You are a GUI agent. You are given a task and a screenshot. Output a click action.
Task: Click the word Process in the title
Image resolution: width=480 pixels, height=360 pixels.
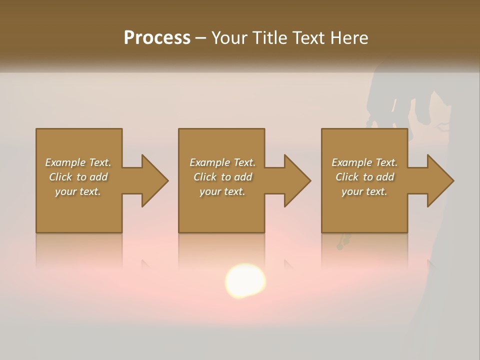point(157,38)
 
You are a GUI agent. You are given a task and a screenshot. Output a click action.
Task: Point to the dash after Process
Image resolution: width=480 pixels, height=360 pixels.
point(200,38)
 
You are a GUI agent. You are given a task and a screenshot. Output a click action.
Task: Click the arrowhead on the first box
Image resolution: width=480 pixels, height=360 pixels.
point(153,180)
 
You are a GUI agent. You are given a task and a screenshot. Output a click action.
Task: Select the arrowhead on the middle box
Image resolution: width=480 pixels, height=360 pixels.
point(295,180)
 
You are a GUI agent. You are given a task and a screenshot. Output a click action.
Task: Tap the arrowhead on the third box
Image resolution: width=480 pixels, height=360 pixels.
point(438,180)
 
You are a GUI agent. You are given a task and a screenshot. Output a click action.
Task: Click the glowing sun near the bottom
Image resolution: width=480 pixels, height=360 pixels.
point(245,281)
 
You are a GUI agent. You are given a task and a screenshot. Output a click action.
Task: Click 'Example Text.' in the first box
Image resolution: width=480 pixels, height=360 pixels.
point(78,162)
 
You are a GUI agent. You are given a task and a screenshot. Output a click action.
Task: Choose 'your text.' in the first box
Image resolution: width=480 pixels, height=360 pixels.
point(78,191)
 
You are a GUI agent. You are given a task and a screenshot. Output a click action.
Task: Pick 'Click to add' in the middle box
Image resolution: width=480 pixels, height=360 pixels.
point(222,177)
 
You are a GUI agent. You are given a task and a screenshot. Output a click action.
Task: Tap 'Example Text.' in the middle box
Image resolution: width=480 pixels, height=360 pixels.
point(222,162)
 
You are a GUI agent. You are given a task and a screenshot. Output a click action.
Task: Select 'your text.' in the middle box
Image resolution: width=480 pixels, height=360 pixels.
point(222,191)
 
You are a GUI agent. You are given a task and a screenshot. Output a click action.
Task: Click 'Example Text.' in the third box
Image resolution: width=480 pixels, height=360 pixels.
point(364,162)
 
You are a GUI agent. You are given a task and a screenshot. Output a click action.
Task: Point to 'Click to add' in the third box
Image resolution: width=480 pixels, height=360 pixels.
point(364,177)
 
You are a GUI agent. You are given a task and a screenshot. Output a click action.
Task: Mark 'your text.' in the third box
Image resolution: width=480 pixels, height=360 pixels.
point(364,191)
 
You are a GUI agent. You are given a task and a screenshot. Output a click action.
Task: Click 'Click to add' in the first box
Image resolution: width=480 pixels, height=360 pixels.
point(78,177)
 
